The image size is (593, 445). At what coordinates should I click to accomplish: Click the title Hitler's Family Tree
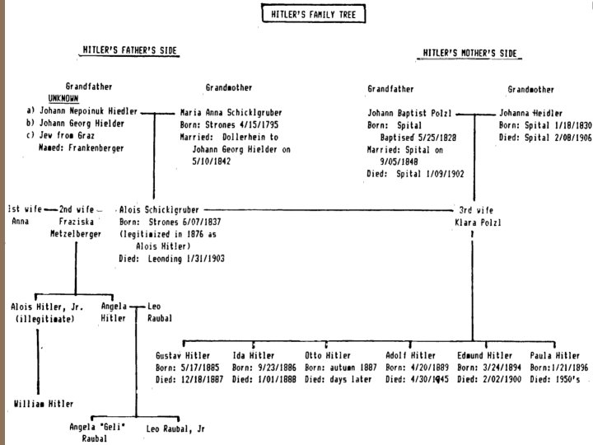[x=304, y=14]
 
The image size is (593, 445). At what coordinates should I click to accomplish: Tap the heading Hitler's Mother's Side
[x=470, y=53]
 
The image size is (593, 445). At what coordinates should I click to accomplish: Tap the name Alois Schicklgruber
[x=159, y=209]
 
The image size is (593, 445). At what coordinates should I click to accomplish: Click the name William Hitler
[x=44, y=404]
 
